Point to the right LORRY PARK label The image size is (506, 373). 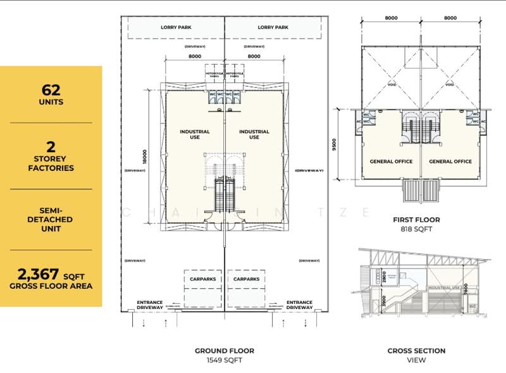(x=273, y=27)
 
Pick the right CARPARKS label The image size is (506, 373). (x=246, y=279)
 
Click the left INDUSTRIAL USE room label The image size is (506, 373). (x=195, y=134)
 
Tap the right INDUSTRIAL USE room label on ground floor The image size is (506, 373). (x=254, y=134)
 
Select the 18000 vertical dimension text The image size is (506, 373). (x=144, y=156)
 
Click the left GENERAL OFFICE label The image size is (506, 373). (x=391, y=161)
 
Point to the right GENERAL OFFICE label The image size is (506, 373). (x=450, y=161)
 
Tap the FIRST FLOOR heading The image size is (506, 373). (x=416, y=220)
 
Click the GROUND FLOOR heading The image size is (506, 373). (x=225, y=350)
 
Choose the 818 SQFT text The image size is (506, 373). (x=416, y=229)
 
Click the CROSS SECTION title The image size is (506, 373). (x=416, y=350)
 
